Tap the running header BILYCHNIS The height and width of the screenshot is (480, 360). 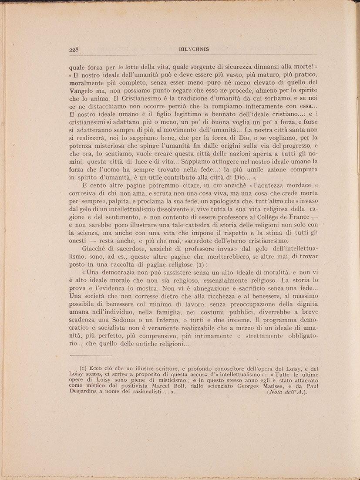click(x=194, y=49)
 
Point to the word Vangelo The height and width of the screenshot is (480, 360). click(x=82, y=91)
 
